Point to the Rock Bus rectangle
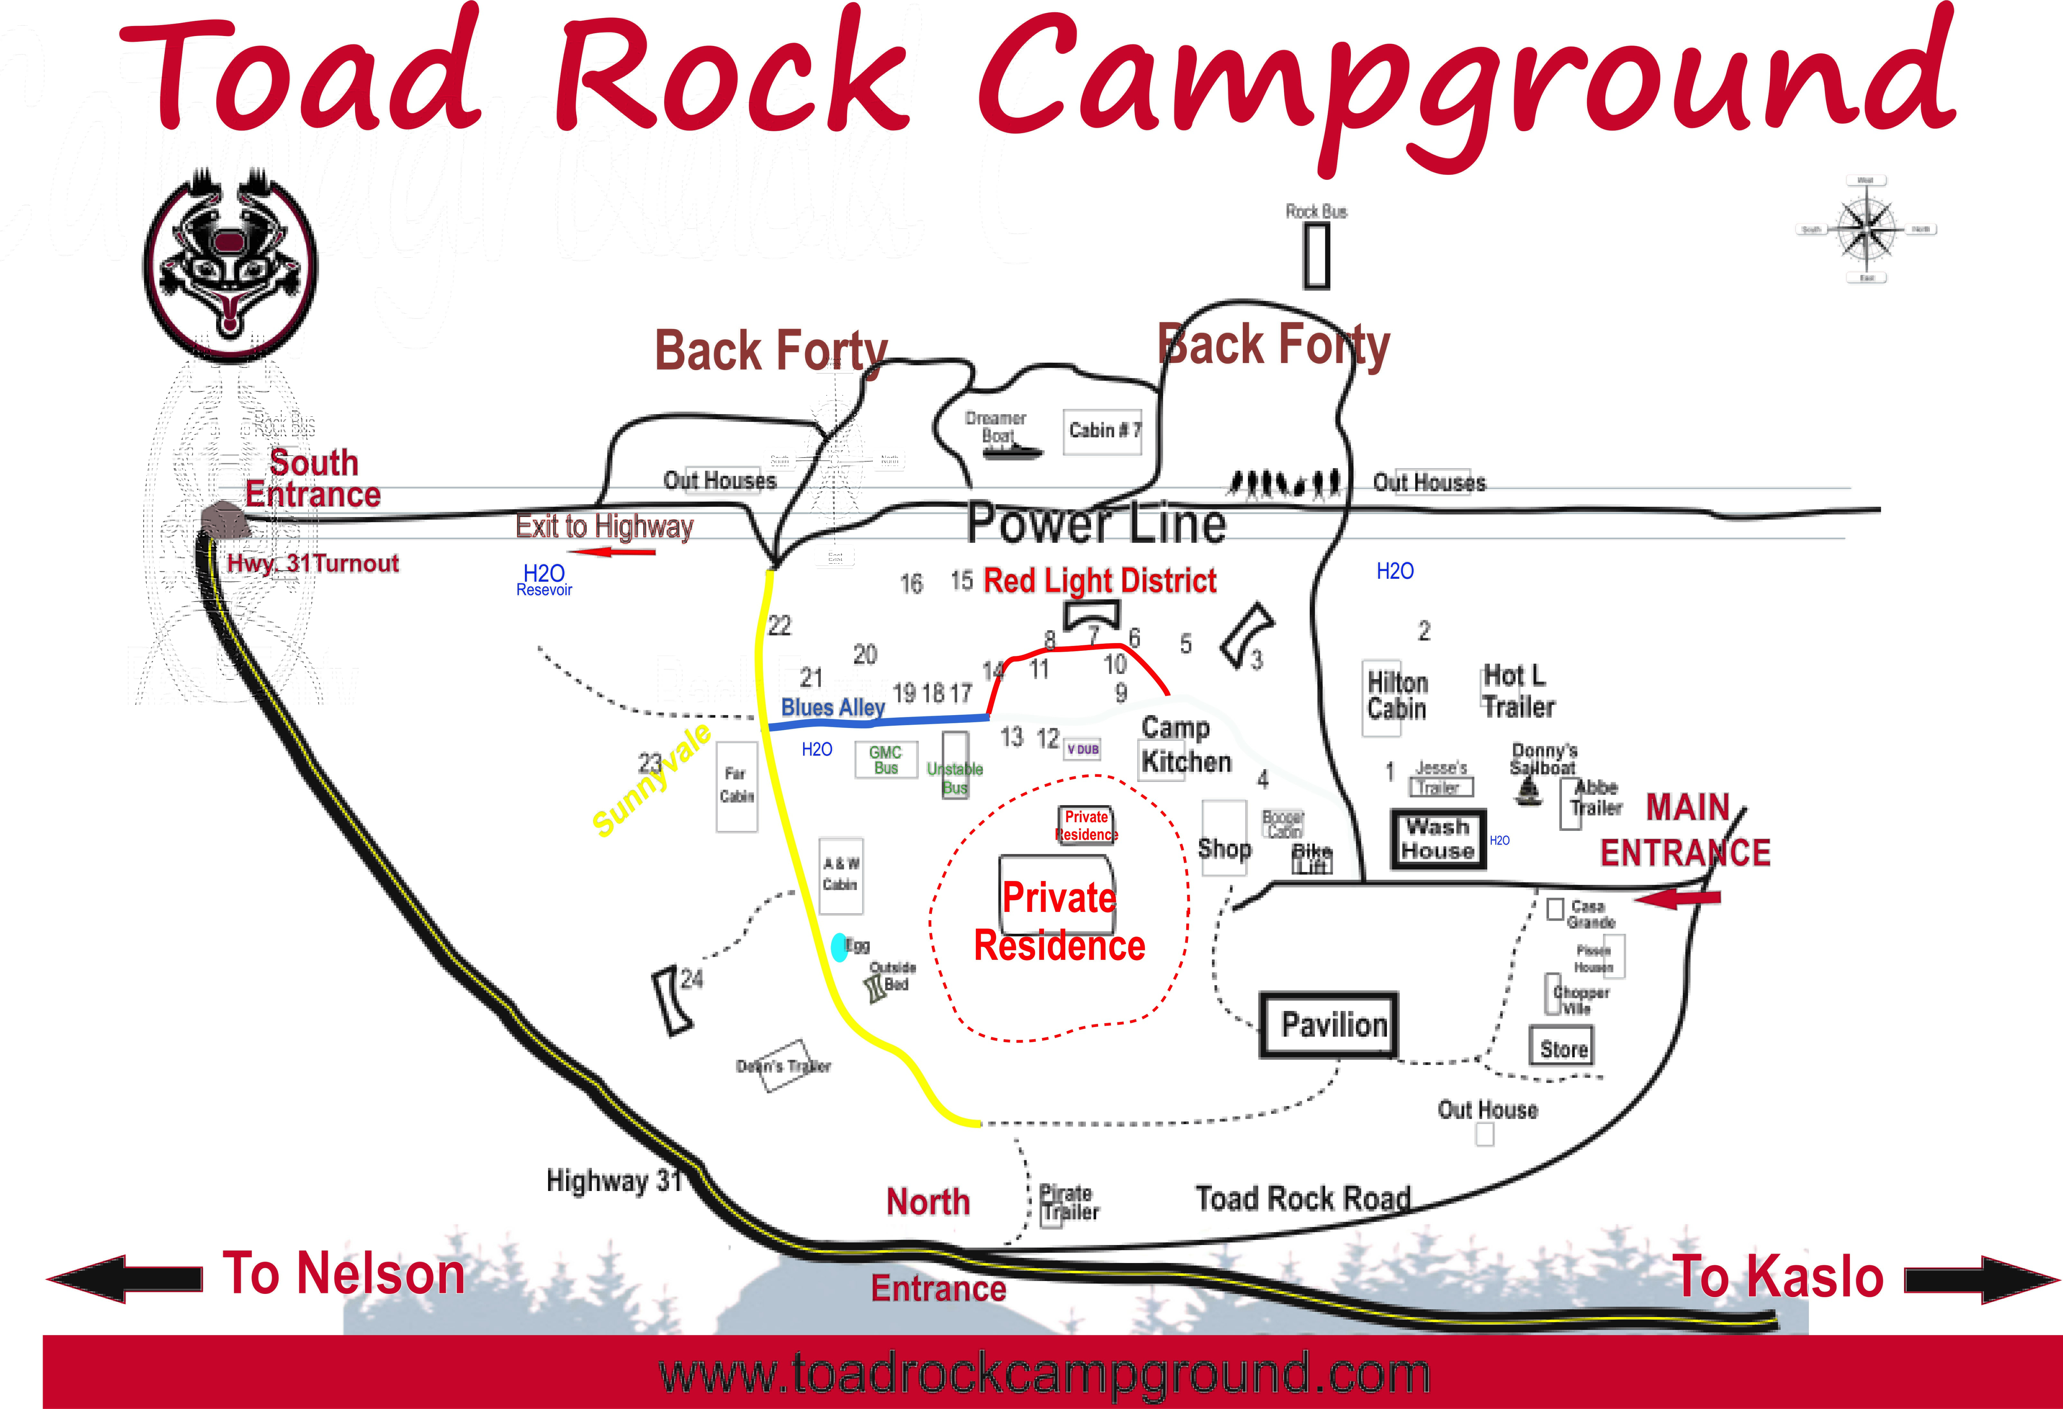1316,256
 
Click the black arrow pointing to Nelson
124,1278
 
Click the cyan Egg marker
839,947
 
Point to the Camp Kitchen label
1185,745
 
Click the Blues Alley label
833,707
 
